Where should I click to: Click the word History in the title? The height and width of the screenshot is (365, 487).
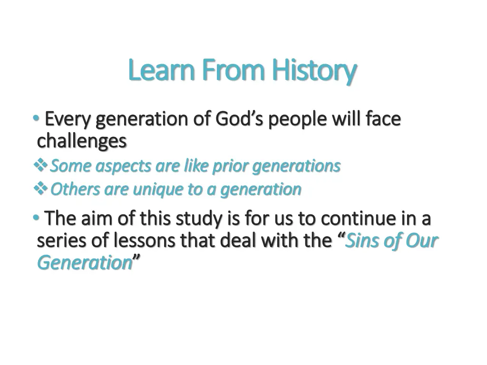(x=314, y=71)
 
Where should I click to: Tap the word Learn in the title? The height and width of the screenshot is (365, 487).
(x=161, y=70)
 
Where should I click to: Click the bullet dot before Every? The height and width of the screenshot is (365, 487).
(x=36, y=118)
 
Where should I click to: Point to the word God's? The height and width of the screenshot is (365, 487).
(x=239, y=119)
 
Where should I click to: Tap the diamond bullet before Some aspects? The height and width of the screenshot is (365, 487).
(x=40, y=165)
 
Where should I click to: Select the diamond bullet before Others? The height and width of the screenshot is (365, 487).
(x=40, y=188)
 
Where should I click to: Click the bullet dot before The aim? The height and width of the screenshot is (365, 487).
(x=36, y=218)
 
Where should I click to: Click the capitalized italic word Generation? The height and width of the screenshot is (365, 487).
(x=85, y=263)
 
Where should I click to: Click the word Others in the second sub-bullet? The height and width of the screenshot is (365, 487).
(x=75, y=189)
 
